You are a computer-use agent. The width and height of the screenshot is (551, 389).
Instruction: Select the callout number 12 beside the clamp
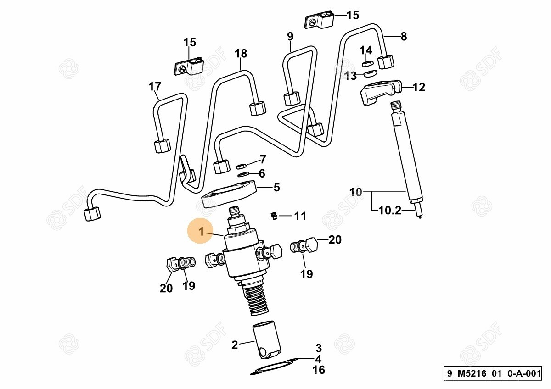click(418, 87)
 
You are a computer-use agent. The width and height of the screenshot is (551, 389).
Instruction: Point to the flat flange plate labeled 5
click(229, 195)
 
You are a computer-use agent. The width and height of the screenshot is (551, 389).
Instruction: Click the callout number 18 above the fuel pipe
click(241, 54)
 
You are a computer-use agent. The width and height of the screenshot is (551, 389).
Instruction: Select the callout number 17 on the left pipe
click(155, 86)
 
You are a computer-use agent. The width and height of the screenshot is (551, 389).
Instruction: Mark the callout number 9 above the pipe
click(290, 36)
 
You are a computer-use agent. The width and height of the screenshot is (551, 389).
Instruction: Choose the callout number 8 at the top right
click(404, 36)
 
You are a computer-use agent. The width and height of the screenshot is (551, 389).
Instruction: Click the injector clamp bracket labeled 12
click(379, 92)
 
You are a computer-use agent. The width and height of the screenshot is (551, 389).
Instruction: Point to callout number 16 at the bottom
click(318, 369)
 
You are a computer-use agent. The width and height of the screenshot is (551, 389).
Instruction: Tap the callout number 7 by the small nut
click(263, 160)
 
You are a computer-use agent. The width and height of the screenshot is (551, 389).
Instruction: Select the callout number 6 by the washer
click(262, 173)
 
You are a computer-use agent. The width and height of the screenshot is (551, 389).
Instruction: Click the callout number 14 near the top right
click(365, 50)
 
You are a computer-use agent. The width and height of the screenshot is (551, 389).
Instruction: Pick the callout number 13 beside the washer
click(350, 76)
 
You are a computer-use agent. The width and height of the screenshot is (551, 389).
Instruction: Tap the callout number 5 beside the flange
click(276, 187)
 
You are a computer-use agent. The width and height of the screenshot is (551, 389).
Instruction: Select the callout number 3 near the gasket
click(318, 348)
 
